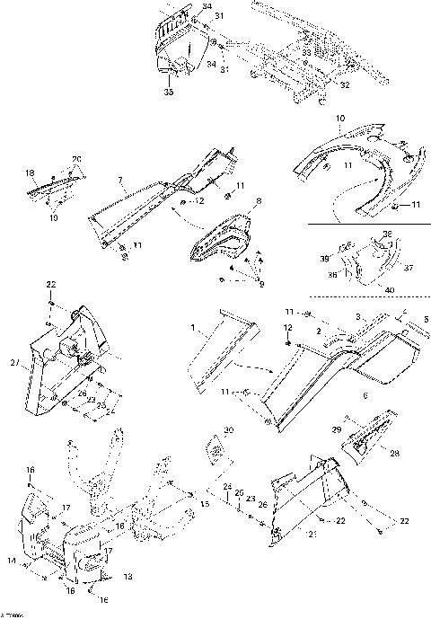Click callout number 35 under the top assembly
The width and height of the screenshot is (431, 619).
coord(168,92)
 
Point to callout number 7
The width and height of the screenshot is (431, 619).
coord(120,180)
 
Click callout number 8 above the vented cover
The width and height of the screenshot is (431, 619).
coord(259,201)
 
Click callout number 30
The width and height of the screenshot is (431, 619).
coord(228,430)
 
